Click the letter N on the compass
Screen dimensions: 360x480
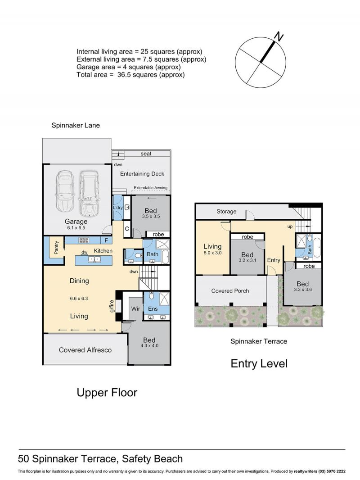[x=279, y=37]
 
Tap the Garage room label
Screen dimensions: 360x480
[x=76, y=222]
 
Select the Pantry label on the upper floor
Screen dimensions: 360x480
[x=56, y=248]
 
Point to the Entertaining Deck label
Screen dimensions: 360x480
[x=142, y=174]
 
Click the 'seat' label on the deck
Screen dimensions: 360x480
[x=146, y=154]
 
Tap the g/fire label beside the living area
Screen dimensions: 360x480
[x=112, y=306]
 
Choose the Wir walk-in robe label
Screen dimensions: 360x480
[x=135, y=309]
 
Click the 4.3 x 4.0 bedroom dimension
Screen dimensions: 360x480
[x=149, y=346]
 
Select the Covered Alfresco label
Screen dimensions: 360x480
[x=85, y=350]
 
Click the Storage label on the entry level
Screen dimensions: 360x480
[x=226, y=212]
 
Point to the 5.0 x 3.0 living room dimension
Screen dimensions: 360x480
[x=212, y=253]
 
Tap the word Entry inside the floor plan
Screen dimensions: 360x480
[x=274, y=260]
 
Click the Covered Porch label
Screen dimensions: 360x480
[x=230, y=291]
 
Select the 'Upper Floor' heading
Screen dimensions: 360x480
[x=107, y=393]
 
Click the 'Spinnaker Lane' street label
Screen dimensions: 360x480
[x=76, y=125]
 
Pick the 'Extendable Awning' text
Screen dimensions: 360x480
[x=150, y=188]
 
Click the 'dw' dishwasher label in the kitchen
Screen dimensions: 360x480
[x=85, y=252]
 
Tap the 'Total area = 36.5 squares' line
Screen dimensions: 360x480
[x=130, y=75]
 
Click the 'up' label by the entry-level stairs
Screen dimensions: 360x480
[x=290, y=227]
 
